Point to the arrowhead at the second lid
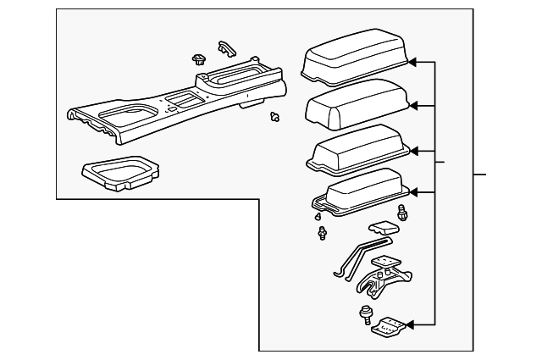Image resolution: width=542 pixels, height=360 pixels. (x=414, y=105)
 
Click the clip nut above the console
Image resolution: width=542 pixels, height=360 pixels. (x=199, y=58)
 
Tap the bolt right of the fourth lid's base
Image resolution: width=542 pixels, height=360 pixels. (x=402, y=213)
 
